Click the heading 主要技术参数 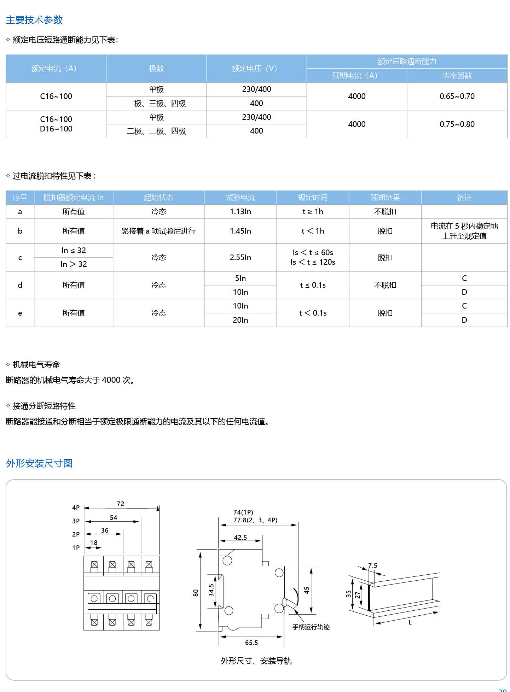pos(34,20)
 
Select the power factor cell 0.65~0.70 pos(457,96)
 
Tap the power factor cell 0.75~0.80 pos(457,124)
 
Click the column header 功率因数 pos(457,75)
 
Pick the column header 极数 pos(156,69)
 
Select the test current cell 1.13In pos(240,211)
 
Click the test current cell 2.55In pos(240,257)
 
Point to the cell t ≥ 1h pos(313,211)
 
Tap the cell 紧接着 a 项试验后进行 pos(158,231)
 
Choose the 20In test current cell pos(240,320)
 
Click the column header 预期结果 pos(385,197)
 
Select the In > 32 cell pos(74,264)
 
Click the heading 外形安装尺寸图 pos(39,463)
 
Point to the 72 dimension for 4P pos(121,504)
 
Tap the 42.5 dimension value pos(240,537)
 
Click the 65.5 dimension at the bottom pos(251,643)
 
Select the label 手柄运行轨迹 pos(311,627)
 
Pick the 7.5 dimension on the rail pos(372,565)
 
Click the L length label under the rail pos(410,622)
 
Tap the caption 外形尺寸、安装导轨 pos(256,661)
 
